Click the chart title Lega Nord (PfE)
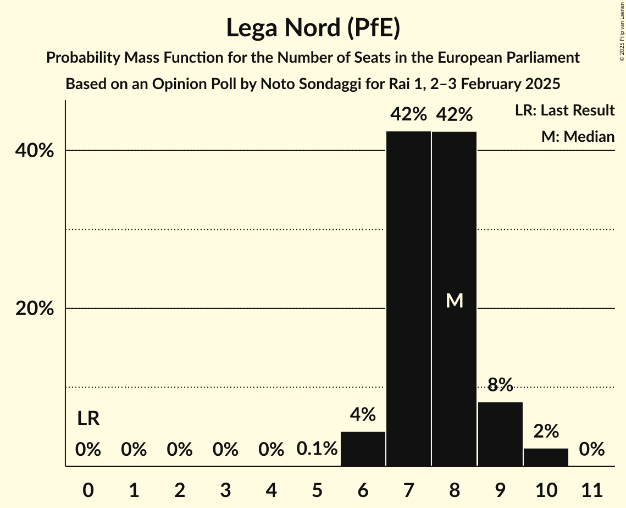coord(313,27)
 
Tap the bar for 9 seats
coord(500,434)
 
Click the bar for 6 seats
coord(363,449)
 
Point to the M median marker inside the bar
coord(455,300)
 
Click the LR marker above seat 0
coord(88,419)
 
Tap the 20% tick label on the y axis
coord(35,309)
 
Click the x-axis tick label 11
coord(592,489)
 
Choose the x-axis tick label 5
coord(317,489)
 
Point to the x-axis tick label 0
coord(88,489)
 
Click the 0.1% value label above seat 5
coord(317,449)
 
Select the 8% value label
coord(500,384)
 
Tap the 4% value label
coord(363,414)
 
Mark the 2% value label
coord(546,430)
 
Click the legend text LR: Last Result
coord(564,111)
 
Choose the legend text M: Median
coord(578,136)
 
